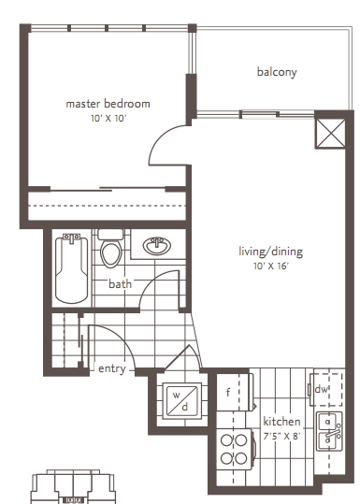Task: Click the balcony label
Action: click(x=277, y=72)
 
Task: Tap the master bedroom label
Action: click(x=108, y=104)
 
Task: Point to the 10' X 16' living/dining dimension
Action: click(x=271, y=266)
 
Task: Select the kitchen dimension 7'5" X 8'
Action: click(x=281, y=436)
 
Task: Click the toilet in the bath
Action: click(x=111, y=248)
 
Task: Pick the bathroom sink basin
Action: click(x=157, y=246)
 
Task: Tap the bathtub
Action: click(x=71, y=268)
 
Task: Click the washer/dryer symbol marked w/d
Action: click(x=182, y=400)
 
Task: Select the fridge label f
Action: click(x=228, y=392)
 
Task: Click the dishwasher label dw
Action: click(x=321, y=389)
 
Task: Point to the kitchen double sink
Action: click(x=329, y=431)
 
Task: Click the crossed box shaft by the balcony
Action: click(x=330, y=134)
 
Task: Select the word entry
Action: click(x=111, y=368)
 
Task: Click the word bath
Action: click(x=120, y=284)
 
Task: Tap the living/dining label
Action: click(x=270, y=251)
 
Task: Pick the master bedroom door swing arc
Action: click(x=160, y=137)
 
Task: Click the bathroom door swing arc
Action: click(x=151, y=281)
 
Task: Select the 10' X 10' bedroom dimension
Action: click(x=108, y=118)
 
